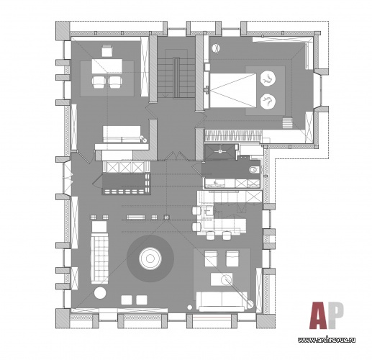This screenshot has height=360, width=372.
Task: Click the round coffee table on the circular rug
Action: click(x=150, y=258)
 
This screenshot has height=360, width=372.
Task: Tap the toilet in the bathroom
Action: click(x=254, y=171)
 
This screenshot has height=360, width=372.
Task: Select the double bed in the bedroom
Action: click(x=233, y=90)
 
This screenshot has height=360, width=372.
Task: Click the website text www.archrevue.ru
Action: click(x=327, y=340)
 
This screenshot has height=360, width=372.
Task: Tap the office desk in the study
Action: click(x=107, y=66)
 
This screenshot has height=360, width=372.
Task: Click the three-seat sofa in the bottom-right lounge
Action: click(x=222, y=301)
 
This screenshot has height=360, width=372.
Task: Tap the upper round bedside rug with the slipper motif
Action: click(x=268, y=78)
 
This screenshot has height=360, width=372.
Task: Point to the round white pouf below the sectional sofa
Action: click(x=100, y=293)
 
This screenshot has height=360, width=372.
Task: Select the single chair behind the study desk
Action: click(x=106, y=50)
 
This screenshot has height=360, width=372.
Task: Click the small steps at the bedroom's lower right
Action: click(x=288, y=123)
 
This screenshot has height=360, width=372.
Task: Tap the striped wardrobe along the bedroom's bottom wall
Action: click(x=233, y=136)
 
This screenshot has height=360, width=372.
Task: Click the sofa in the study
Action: click(x=122, y=134)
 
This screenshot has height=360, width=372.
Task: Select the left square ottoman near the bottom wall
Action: click(x=127, y=300)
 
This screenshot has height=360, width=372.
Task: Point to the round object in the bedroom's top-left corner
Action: click(x=216, y=48)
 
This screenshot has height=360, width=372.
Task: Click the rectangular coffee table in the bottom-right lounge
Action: click(x=222, y=279)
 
